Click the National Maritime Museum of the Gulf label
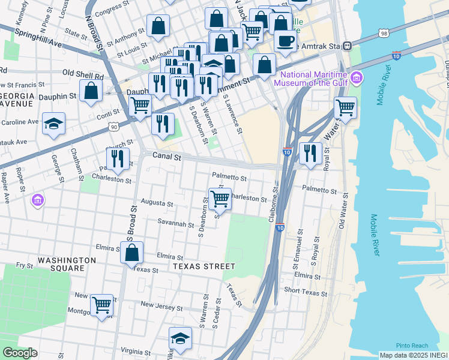point(310,79)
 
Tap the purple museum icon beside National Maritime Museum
point(358,77)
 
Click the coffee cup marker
point(285,41)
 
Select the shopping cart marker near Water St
point(345,107)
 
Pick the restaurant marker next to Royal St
point(310,153)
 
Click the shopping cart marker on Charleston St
point(220,199)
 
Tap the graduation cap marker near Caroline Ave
point(54,124)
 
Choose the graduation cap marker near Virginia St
point(180,339)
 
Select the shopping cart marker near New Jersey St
point(101,305)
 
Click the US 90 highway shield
point(113,127)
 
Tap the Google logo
point(20,352)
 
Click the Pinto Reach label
point(412,346)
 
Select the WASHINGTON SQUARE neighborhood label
point(67,264)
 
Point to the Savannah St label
point(175,225)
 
